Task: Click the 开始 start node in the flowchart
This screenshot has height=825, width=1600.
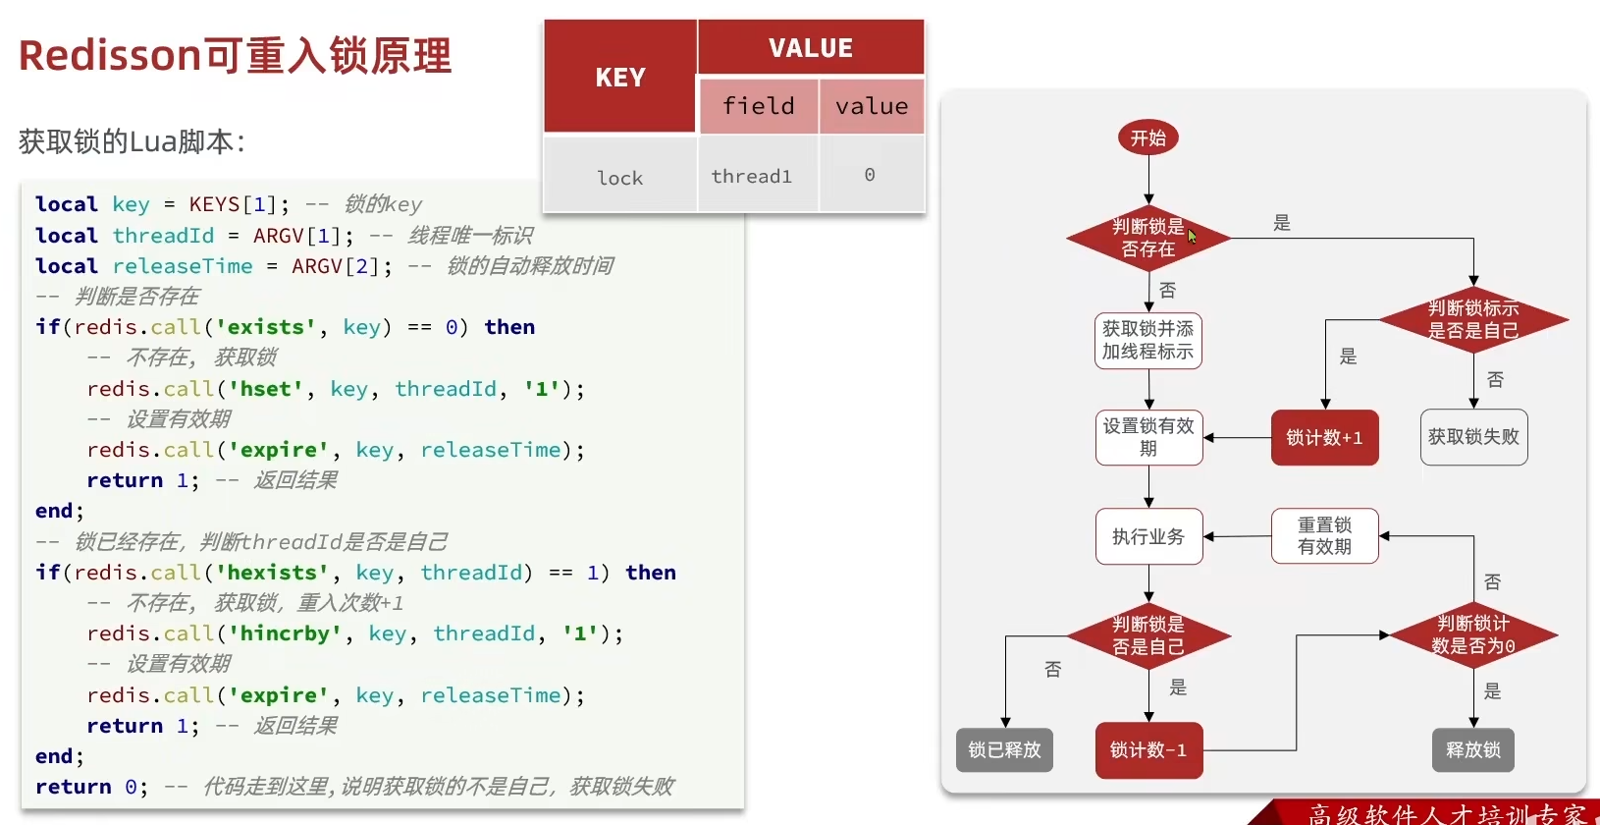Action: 1147,138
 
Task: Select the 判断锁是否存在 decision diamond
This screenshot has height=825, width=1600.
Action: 1147,238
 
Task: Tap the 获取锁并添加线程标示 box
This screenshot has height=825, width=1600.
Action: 1147,340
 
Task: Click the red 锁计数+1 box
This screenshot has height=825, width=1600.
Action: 1324,437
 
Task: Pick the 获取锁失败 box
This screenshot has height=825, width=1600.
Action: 1472,437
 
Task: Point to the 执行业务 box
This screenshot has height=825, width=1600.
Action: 1148,536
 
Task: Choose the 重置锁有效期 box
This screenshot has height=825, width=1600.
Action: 1324,536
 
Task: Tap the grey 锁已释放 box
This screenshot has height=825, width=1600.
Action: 1004,750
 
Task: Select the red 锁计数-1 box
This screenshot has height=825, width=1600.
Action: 1148,750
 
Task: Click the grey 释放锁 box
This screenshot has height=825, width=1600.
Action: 1472,750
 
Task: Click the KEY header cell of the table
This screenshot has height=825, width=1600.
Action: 620,77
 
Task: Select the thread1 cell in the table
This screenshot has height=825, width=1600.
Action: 752,176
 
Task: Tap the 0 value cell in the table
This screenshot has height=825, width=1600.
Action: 870,175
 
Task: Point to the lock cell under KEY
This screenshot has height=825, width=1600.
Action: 620,178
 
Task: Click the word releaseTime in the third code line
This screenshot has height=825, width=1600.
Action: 183,266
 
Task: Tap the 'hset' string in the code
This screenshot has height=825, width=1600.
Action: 265,389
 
